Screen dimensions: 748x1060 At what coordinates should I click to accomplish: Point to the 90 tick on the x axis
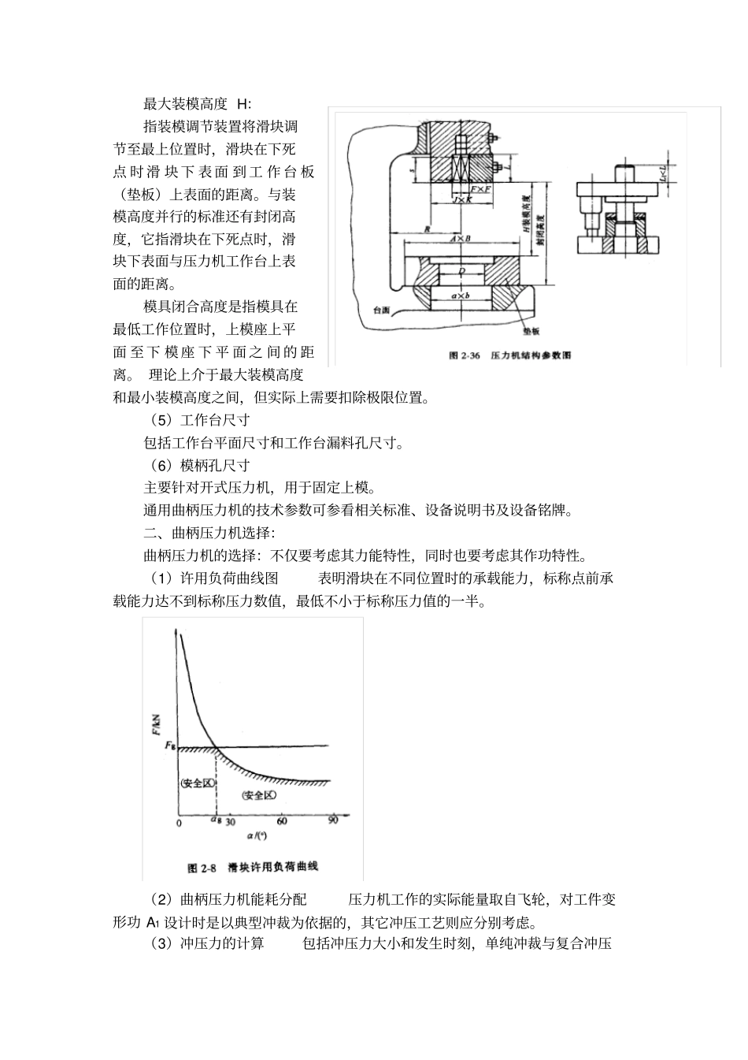[x=333, y=821]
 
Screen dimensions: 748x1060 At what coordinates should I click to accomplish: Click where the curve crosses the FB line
[x=216, y=746]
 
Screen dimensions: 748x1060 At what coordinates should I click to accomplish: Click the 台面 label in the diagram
[x=382, y=311]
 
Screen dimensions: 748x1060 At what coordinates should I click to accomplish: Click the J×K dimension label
[x=461, y=201]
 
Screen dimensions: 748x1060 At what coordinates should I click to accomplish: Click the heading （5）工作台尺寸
[x=200, y=420]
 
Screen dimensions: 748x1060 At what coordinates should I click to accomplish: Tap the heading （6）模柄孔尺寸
[x=200, y=465]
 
